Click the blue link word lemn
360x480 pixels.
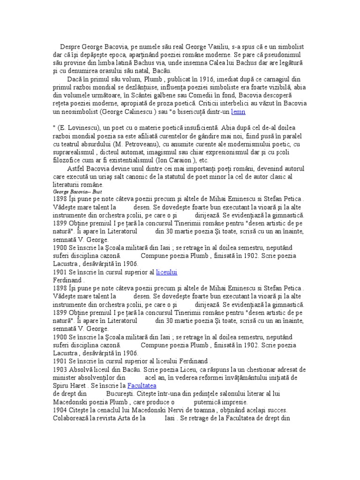tap(238, 112)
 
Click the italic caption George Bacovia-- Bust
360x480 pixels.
tap(75, 192)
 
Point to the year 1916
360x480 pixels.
tap(173, 80)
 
